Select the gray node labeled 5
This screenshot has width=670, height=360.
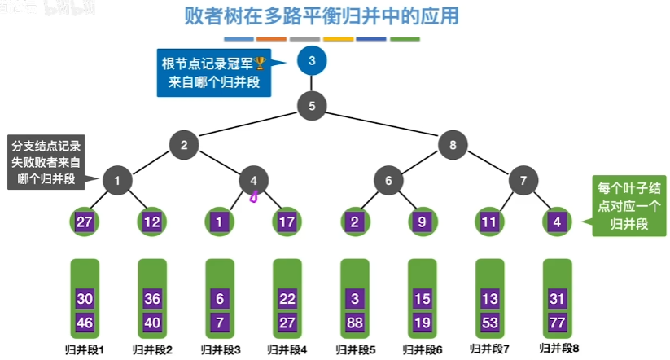click(312, 105)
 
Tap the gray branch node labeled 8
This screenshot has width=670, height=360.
click(453, 145)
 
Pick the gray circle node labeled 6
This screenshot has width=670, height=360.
click(388, 180)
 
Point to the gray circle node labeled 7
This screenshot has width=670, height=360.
click(523, 180)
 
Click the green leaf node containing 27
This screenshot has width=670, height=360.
click(85, 222)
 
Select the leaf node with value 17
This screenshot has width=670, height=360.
click(287, 222)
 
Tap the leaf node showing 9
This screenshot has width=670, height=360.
click(421, 222)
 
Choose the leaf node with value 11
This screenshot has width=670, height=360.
click(488, 222)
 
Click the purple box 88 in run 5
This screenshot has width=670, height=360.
click(354, 322)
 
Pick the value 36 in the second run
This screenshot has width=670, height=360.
click(152, 299)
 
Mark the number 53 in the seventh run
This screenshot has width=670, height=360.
click(488, 322)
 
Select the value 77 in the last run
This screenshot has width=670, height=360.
click(556, 322)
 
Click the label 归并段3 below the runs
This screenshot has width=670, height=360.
click(220, 349)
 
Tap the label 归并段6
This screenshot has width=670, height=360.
click(422, 349)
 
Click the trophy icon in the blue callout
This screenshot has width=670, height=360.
click(261, 64)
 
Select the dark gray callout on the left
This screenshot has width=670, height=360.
click(46, 162)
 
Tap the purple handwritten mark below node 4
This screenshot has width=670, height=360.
click(253, 196)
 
